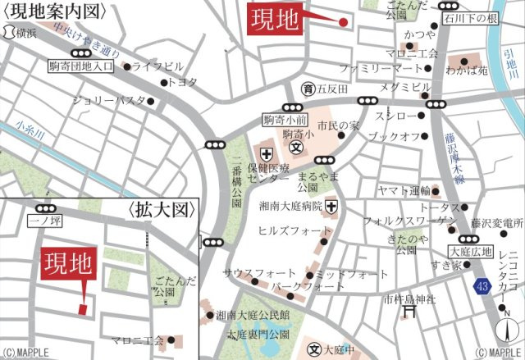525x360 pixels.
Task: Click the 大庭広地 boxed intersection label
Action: (x=471, y=252)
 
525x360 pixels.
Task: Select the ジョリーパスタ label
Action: (x=112, y=101)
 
